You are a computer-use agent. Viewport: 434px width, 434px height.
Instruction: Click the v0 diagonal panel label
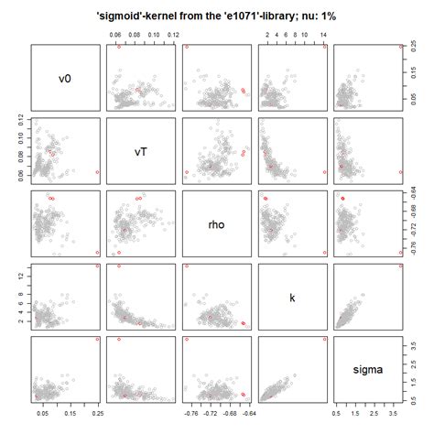(64, 78)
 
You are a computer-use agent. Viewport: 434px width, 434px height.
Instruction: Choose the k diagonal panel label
(294, 298)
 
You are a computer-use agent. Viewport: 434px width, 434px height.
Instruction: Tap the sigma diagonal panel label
(371, 372)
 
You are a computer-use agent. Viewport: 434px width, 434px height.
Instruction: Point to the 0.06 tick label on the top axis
(115, 34)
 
